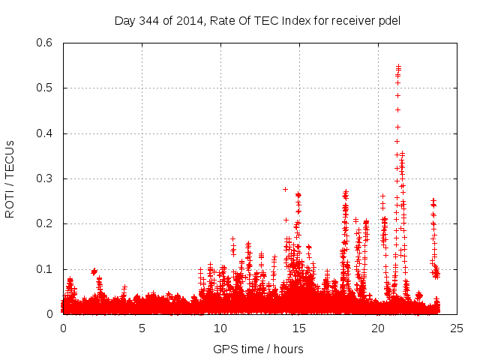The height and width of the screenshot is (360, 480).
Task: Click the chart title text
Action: tap(257, 20)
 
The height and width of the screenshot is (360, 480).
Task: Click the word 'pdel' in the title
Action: tap(388, 20)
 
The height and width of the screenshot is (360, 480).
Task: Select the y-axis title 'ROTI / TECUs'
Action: tap(10, 178)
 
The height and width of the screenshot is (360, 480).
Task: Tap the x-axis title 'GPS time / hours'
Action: tap(258, 349)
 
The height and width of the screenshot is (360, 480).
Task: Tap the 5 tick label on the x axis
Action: tap(142, 328)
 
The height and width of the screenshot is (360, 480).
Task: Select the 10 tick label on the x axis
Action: tap(220, 328)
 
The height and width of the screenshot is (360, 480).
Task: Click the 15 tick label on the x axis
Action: tap(299, 328)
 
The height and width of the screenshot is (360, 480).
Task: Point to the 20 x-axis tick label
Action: tap(378, 328)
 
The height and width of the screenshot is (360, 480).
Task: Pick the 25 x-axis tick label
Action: tap(457, 328)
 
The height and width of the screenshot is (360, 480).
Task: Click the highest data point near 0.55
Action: tap(398, 66)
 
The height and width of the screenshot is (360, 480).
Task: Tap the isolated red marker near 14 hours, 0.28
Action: tap(285, 189)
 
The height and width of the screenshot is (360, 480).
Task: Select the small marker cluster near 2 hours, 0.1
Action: tap(94, 271)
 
